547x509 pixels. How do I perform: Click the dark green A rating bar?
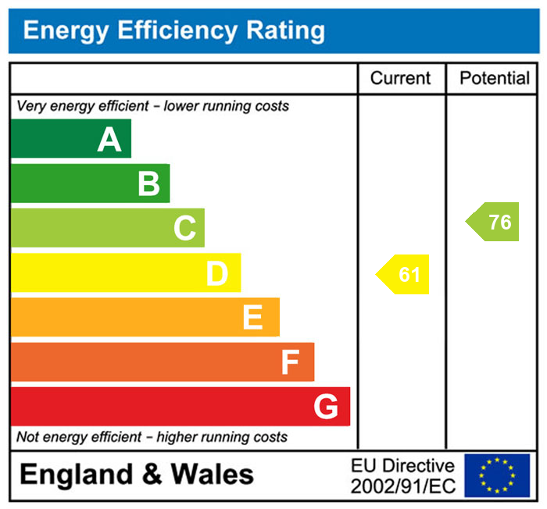[71, 139]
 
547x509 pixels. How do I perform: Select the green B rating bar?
[90, 183]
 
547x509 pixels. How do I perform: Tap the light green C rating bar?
[108, 228]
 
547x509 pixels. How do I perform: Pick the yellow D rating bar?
[126, 273]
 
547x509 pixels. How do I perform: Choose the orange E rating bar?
[145, 318]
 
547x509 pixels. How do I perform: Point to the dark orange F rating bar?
[163, 362]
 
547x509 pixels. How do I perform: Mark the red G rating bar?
[181, 407]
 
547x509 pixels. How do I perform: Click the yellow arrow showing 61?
[405, 275]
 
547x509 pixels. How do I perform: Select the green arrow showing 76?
[495, 222]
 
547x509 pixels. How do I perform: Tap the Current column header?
[400, 78]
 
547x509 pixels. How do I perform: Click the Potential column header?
[495, 78]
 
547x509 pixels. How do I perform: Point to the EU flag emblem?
[497, 475]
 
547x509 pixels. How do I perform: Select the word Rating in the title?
[285, 30]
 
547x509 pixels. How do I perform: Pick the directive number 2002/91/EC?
[402, 486]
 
